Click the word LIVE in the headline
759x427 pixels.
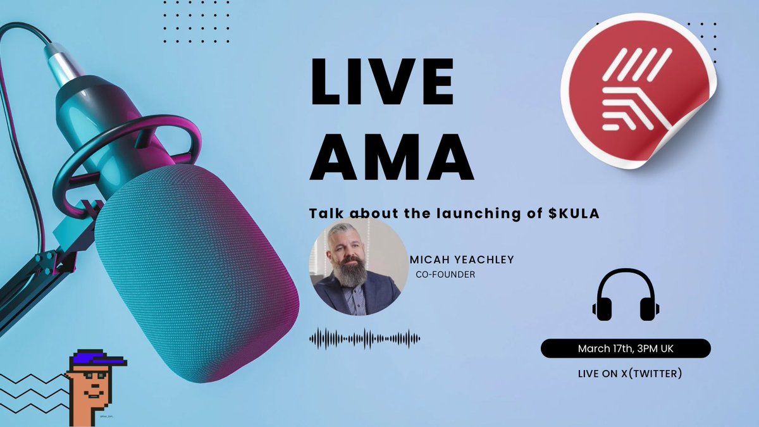pos(382,82)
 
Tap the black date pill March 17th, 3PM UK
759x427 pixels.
pos(626,349)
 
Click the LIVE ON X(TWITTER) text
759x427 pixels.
pos(629,373)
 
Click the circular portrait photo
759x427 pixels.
pos(358,267)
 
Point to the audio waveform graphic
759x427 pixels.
pos(364,338)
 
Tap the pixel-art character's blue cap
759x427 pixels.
pos(95,359)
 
